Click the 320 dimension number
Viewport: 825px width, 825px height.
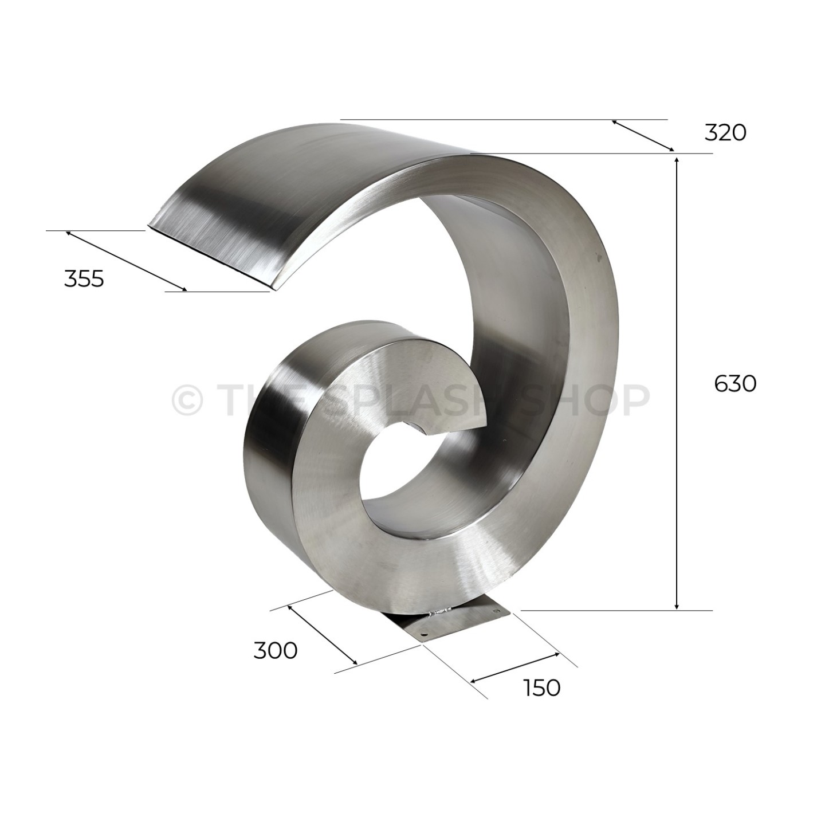pyautogui.click(x=725, y=133)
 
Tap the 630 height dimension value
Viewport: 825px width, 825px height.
pyautogui.click(x=735, y=384)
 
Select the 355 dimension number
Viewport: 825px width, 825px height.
pyautogui.click(x=84, y=279)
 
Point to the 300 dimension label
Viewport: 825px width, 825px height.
pyautogui.click(x=276, y=651)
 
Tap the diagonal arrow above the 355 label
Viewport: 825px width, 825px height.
pyautogui.click(x=126, y=261)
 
